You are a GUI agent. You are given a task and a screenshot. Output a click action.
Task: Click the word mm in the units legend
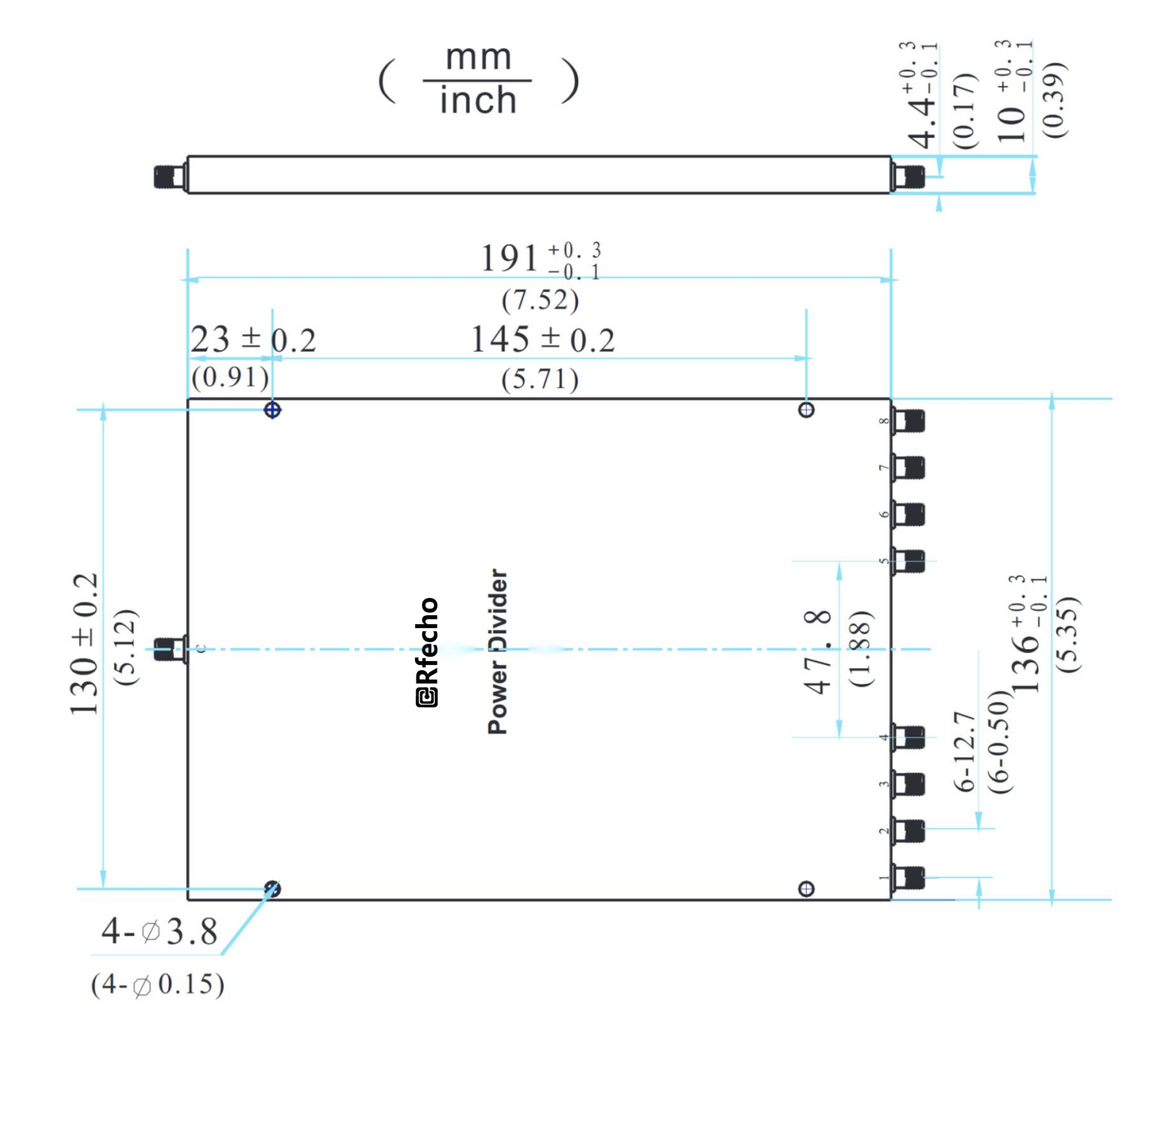coord(478,58)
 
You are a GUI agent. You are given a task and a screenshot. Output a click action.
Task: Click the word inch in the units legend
coord(478,101)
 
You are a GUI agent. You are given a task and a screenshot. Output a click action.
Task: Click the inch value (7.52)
coord(540,300)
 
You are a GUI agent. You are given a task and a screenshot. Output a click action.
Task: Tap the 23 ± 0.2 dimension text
coord(252,340)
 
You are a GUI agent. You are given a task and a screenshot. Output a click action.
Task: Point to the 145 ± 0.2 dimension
coord(542,340)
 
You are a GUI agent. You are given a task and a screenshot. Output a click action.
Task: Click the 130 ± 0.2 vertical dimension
coord(84,645)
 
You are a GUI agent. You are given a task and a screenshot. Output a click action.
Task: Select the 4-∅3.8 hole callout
coord(159,932)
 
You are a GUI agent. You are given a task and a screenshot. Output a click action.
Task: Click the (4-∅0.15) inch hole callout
coord(157,985)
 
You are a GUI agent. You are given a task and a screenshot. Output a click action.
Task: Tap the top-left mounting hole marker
coord(273,410)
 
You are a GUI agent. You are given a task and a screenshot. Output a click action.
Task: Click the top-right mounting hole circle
coord(806,410)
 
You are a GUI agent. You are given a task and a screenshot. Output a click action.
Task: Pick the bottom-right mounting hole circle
coord(806,889)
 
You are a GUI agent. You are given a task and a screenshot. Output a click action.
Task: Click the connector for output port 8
coord(910,421)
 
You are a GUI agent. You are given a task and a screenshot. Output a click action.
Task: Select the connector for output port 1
coord(910,877)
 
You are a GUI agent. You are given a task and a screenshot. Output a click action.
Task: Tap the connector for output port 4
coord(910,737)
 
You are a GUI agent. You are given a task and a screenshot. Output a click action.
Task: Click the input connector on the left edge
coord(169,649)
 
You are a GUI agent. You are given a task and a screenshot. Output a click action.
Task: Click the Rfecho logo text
coord(427,652)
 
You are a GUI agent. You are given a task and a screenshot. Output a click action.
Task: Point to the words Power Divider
coord(498,651)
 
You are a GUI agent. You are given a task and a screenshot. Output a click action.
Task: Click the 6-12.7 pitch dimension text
coord(965,751)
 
